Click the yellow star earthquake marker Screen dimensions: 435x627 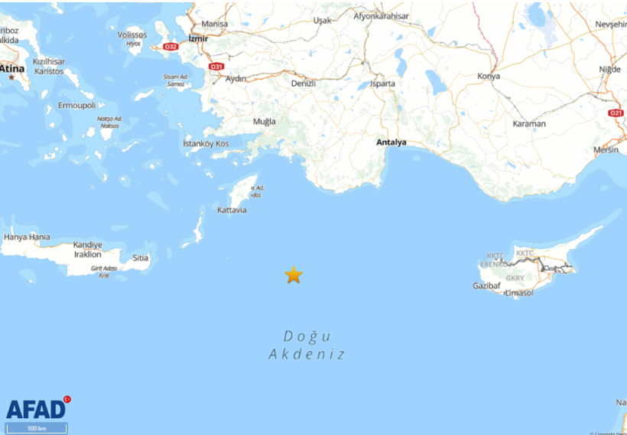(x=294, y=275)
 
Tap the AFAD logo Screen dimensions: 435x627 (x=37, y=408)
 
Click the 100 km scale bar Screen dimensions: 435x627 (x=36, y=428)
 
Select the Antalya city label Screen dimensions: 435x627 (x=391, y=142)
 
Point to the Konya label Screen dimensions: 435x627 (x=488, y=77)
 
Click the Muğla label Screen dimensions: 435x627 (x=265, y=122)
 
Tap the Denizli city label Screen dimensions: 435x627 (x=304, y=83)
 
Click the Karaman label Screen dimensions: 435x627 (x=529, y=123)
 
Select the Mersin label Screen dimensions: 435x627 (x=606, y=150)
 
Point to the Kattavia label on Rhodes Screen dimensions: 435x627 (x=232, y=210)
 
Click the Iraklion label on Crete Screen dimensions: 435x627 (x=87, y=254)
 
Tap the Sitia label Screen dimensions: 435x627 (x=141, y=258)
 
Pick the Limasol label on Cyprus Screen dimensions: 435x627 (x=519, y=293)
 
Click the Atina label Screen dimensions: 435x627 (x=12, y=69)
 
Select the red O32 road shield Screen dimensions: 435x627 (x=171, y=47)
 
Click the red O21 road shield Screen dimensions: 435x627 (x=616, y=113)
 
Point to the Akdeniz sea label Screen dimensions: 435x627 (x=307, y=355)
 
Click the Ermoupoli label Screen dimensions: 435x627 (x=76, y=106)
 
